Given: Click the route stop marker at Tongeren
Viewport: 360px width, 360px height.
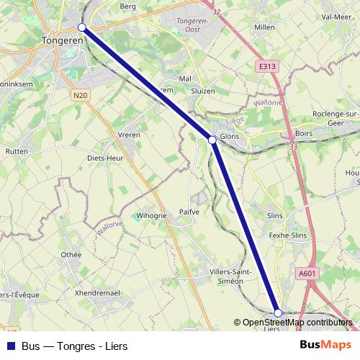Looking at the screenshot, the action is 81,27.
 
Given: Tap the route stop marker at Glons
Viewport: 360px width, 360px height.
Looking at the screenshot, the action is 212,140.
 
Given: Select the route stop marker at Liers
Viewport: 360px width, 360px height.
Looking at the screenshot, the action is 278,312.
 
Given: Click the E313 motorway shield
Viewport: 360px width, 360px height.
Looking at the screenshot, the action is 266,66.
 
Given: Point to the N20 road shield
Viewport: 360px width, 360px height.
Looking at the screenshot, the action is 80,94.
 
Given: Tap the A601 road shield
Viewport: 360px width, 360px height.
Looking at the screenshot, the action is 307,273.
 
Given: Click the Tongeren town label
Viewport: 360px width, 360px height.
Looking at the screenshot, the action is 63,40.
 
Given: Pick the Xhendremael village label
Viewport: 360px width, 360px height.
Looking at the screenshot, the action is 97,294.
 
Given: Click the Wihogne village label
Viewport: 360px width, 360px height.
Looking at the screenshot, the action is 151,215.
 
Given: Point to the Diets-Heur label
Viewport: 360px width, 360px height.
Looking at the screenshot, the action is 105,158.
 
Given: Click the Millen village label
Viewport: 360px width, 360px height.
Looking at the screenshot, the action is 265,27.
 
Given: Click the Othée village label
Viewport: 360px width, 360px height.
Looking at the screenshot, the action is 71,254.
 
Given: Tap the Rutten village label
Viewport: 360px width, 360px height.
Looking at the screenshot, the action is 16,151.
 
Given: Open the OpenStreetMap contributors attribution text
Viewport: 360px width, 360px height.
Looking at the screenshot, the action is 297,323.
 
